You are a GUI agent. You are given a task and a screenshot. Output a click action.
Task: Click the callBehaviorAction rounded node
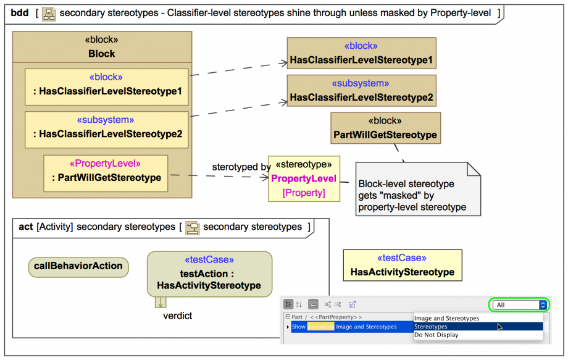pyautogui.click(x=78, y=267)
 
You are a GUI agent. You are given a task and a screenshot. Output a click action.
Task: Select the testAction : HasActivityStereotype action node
pyautogui.click(x=209, y=274)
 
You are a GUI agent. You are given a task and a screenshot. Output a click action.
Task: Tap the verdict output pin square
pyautogui.click(x=161, y=302)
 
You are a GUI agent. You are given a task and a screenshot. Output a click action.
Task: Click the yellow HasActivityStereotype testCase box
pyautogui.click(x=403, y=265)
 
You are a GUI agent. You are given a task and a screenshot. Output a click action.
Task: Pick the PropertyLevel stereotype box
pyautogui.click(x=304, y=178)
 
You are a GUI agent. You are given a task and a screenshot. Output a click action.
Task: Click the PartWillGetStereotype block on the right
pyautogui.click(x=385, y=128)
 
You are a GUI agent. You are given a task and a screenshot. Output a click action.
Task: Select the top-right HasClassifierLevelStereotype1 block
pyautogui.click(x=362, y=53)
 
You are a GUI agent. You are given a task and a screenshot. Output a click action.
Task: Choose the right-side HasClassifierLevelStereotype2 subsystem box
pyautogui.click(x=362, y=91)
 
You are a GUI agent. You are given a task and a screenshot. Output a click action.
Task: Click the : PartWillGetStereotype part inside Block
pyautogui.click(x=106, y=174)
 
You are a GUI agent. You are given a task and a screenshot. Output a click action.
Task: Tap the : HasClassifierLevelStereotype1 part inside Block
pyautogui.click(x=106, y=87)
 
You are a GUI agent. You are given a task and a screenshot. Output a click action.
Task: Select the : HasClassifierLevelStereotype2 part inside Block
pyautogui.click(x=106, y=130)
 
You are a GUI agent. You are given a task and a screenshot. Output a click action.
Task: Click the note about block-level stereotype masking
pyautogui.click(x=418, y=189)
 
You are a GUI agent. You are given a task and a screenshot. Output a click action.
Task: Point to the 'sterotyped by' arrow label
pyautogui.click(x=241, y=167)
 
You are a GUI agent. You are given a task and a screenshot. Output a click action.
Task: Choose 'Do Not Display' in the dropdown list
pyautogui.click(x=436, y=335)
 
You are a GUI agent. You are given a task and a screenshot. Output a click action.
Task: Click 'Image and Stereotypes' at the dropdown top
pyautogui.click(x=446, y=319)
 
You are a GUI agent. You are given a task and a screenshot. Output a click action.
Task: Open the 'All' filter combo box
pyautogui.click(x=519, y=305)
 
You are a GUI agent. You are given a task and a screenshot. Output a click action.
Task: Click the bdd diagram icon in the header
pyautogui.click(x=49, y=14)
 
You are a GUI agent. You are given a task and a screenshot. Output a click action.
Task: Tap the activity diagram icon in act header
pyautogui.click(x=193, y=228)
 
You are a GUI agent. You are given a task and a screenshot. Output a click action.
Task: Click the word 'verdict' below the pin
pyautogui.click(x=178, y=316)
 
